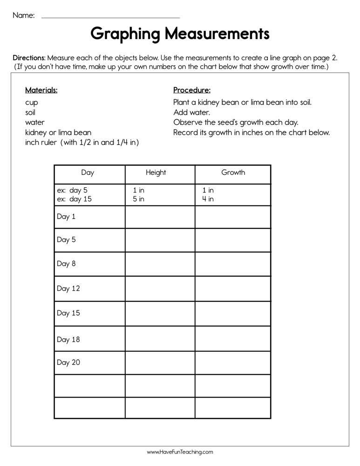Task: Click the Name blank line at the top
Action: pyautogui.click(x=110, y=17)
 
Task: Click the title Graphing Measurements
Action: pyautogui.click(x=180, y=34)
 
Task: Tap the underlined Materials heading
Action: pyautogui.click(x=41, y=90)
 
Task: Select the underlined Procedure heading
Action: pyautogui.click(x=192, y=90)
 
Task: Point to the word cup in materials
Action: pyautogui.click(x=32, y=103)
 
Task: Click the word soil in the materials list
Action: pyautogui.click(x=30, y=112)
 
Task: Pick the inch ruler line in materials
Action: pyautogui.click(x=82, y=143)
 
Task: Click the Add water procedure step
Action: pyautogui.click(x=191, y=112)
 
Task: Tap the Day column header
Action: pyautogui.click(x=88, y=172)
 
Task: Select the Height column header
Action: pyautogui.click(x=156, y=172)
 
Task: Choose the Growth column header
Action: pyautogui.click(x=233, y=172)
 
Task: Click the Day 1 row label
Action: pyautogui.click(x=66, y=217)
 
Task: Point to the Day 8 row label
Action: pyautogui.click(x=66, y=264)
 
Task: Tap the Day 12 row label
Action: pyautogui.click(x=68, y=288)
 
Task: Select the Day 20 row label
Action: pyautogui.click(x=68, y=363)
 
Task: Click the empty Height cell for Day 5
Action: pyautogui.click(x=160, y=240)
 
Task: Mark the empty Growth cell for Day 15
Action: pyautogui.click(x=232, y=313)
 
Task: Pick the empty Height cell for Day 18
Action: pyautogui.click(x=160, y=339)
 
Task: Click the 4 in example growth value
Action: pyautogui.click(x=208, y=199)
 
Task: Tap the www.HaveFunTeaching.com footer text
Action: pyautogui.click(x=180, y=452)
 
